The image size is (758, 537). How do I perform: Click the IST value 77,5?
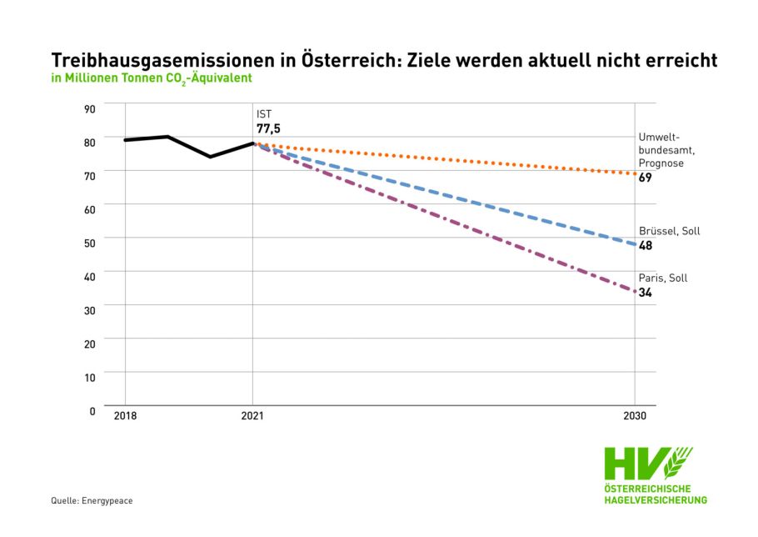(268, 128)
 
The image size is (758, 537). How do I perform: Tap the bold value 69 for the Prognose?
(646, 178)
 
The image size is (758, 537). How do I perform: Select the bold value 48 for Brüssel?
(646, 245)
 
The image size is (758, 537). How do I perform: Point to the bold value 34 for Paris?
(646, 292)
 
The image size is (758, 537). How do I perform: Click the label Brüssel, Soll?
(669, 231)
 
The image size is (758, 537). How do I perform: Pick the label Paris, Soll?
(663, 278)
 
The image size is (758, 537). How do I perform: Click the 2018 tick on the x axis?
(125, 415)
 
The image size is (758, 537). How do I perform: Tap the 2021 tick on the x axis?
(252, 415)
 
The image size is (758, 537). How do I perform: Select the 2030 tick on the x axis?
(635, 415)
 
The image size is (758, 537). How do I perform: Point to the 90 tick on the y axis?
(90, 108)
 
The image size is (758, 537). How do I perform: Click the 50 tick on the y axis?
(90, 243)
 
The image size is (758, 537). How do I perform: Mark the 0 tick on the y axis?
(93, 410)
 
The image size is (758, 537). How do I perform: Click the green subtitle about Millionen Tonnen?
(152, 78)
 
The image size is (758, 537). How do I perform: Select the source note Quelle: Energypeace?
(92, 500)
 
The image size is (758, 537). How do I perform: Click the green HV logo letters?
(636, 464)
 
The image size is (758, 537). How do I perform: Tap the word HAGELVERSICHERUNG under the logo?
(655, 499)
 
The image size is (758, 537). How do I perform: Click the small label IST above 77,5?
(264, 113)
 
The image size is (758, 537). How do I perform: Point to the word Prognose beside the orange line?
(661, 163)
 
